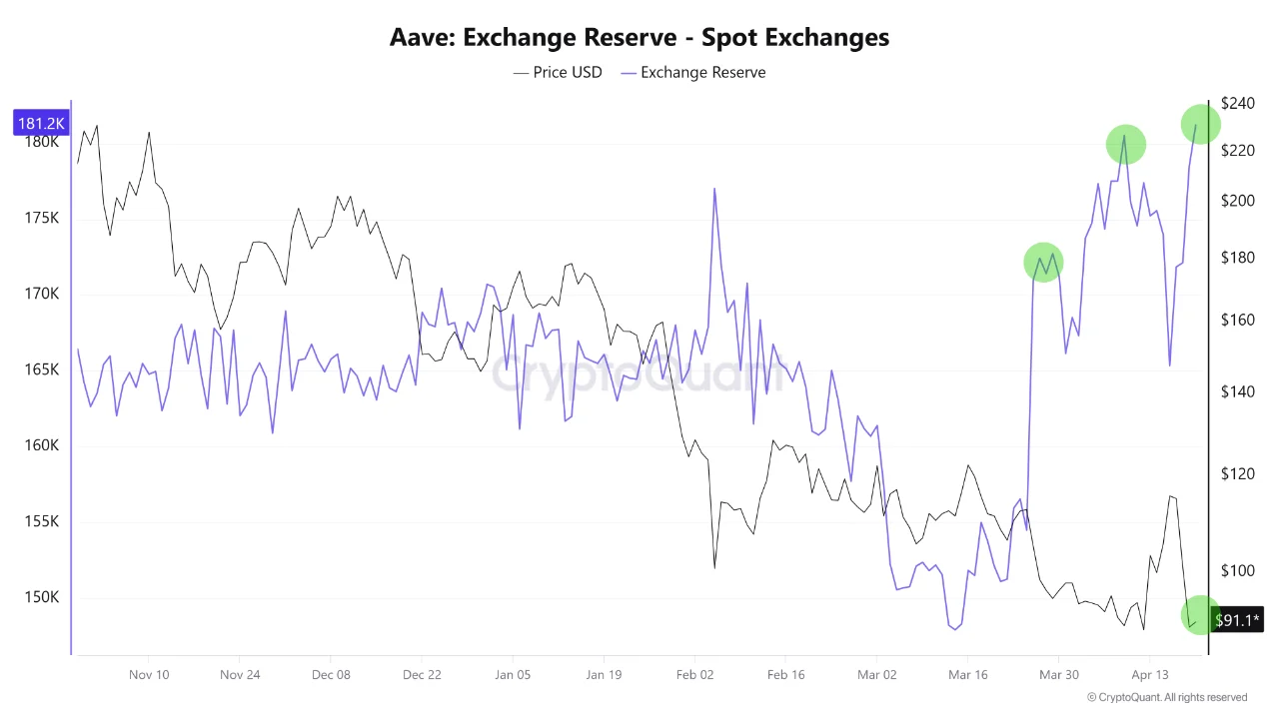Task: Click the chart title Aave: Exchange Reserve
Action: [639, 38]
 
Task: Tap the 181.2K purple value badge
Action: [41, 123]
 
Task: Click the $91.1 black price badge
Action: [1237, 620]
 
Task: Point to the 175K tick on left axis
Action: [41, 218]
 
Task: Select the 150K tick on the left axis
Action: [41, 597]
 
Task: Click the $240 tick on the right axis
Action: [1237, 103]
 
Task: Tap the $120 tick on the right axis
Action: [1237, 473]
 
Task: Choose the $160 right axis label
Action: [1237, 321]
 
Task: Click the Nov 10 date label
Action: [149, 674]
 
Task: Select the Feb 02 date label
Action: [694, 674]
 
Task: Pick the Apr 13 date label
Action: [1149, 674]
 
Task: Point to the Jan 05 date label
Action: [513, 674]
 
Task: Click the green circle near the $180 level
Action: [1043, 263]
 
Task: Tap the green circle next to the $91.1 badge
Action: [1199, 616]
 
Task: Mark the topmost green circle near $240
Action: [1200, 124]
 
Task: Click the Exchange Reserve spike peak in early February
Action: [714, 189]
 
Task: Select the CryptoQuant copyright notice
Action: [1166, 697]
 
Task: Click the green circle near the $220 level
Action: [1125, 146]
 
